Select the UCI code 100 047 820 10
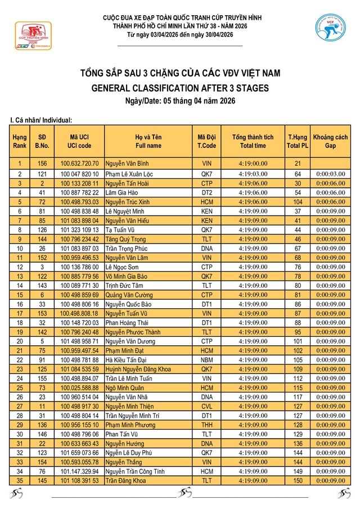[x=80, y=174]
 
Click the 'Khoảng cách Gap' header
[x=330, y=141]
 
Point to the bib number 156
[x=42, y=164]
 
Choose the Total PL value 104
[x=298, y=201]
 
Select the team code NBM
[x=206, y=359]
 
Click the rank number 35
[x=20, y=480]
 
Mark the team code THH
[x=206, y=425]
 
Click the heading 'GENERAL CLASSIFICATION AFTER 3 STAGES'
[x=179, y=88]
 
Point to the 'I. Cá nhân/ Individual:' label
[x=41, y=120]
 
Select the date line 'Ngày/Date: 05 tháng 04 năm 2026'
[x=179, y=101]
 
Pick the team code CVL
[x=206, y=406]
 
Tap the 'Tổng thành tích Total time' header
[x=253, y=141]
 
